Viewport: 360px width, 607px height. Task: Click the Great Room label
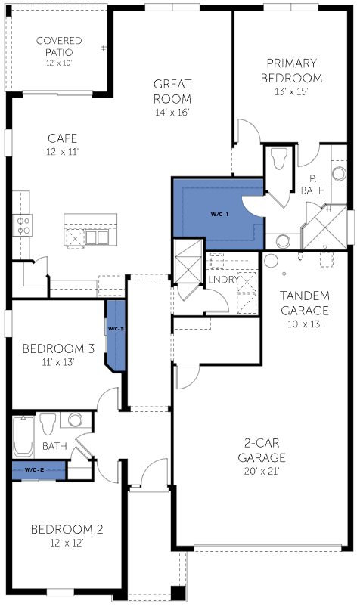[x=172, y=91]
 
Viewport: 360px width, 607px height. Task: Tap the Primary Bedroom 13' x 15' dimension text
[x=291, y=92]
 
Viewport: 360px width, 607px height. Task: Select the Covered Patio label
[x=59, y=46]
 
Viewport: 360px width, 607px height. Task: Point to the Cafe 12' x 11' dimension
[x=62, y=152]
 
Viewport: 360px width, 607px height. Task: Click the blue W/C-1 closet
[x=218, y=214]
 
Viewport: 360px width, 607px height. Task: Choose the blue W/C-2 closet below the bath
[x=39, y=470]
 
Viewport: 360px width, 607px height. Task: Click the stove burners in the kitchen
[x=23, y=225]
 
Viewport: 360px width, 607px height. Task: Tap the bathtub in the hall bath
[x=23, y=436]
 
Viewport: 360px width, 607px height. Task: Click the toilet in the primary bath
[x=279, y=158]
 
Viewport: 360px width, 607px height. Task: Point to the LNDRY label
[x=224, y=279]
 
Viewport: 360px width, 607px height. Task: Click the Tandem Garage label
[x=305, y=303]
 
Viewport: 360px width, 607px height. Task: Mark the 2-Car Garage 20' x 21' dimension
[x=262, y=471]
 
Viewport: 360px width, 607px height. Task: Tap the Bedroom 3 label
[x=58, y=348]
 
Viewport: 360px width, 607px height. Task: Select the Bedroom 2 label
[x=67, y=529]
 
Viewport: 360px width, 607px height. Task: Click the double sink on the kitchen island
[x=97, y=237]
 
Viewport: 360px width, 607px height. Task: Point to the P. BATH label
[x=312, y=184]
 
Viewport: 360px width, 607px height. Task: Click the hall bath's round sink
[x=75, y=420]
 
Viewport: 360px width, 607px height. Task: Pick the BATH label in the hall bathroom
[x=54, y=446]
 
